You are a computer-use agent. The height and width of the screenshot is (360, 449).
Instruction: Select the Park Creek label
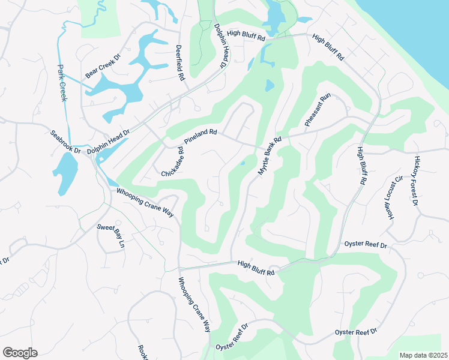(x=62, y=83)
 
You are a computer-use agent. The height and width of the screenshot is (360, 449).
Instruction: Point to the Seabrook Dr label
(x=65, y=141)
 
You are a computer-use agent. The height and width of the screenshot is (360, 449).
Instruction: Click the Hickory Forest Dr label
(x=415, y=180)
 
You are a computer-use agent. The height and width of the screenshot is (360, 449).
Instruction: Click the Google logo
(x=20, y=353)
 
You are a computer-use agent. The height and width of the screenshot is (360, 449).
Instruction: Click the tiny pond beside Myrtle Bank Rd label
(x=243, y=163)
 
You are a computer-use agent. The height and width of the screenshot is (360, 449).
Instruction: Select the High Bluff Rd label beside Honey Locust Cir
(x=361, y=166)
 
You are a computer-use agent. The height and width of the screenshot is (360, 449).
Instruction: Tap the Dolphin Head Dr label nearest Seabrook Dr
(x=109, y=143)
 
